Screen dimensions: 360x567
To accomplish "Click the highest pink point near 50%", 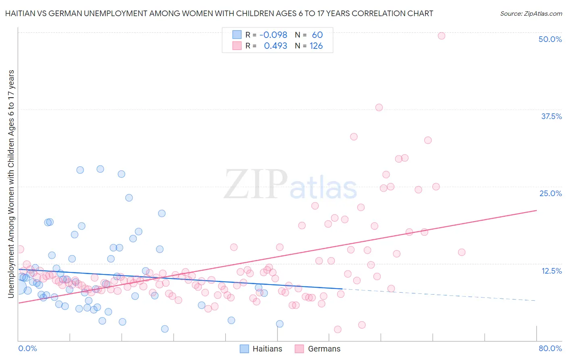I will [x=441, y=36].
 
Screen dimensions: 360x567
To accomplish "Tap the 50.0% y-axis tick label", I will [x=550, y=39].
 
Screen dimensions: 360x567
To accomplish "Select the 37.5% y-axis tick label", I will [x=551, y=116].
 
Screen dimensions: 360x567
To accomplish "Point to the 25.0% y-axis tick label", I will [x=550, y=193].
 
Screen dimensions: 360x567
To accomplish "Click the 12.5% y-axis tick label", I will [x=551, y=271].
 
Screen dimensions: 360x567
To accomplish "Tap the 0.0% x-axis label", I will [x=27, y=348].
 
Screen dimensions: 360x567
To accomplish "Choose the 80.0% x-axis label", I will [x=550, y=348].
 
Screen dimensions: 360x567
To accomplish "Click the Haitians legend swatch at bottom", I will [x=244, y=349].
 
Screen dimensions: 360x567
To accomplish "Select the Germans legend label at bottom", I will [x=324, y=349].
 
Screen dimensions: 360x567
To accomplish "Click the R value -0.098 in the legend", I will [x=273, y=35].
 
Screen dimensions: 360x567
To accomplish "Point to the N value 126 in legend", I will [x=316, y=46].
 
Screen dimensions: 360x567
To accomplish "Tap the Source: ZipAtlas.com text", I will [x=531, y=14].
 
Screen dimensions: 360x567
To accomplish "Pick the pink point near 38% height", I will [x=379, y=107].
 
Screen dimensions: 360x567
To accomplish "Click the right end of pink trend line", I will [x=536, y=210].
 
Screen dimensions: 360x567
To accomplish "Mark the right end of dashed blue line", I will [x=536, y=301].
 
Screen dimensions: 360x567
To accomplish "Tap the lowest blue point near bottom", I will [x=165, y=329].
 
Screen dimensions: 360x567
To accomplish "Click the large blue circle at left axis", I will [x=19, y=287].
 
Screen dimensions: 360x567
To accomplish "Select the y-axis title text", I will [x=11, y=184].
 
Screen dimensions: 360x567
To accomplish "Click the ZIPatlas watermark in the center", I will [x=290, y=185].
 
